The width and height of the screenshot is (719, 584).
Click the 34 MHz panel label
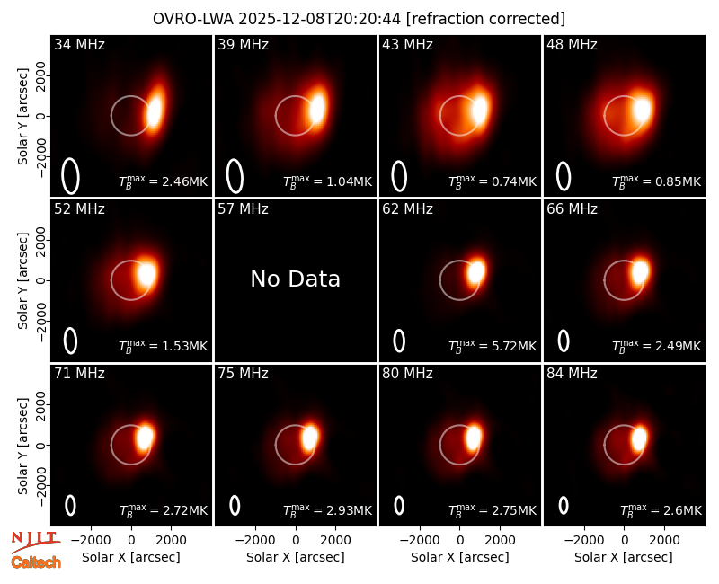coord(79,44)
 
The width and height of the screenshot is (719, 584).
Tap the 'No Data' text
coord(296,279)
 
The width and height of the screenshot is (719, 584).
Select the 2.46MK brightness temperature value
coord(178,181)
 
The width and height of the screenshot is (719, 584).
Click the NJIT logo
coord(35,542)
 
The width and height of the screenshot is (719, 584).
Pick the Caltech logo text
coord(36,562)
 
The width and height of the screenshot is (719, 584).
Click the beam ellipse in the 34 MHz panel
coord(70,176)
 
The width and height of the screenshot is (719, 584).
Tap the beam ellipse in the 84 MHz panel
coord(564,505)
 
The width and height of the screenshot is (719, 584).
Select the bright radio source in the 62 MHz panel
coord(476,272)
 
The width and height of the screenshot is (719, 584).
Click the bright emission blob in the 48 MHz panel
coord(642,110)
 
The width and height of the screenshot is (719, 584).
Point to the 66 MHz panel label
coord(572,209)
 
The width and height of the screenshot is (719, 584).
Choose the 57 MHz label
coord(243,209)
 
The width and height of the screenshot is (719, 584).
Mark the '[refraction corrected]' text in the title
coord(485,19)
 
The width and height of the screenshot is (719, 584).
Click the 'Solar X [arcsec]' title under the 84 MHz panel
coord(624,557)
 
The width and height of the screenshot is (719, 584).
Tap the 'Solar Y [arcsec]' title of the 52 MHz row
coord(22,280)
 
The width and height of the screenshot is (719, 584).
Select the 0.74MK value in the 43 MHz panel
coord(507,181)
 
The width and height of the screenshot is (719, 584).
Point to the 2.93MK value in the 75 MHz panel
coord(343,510)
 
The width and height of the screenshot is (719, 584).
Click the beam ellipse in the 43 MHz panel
coord(399,176)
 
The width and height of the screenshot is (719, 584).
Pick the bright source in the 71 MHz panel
coord(145,437)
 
